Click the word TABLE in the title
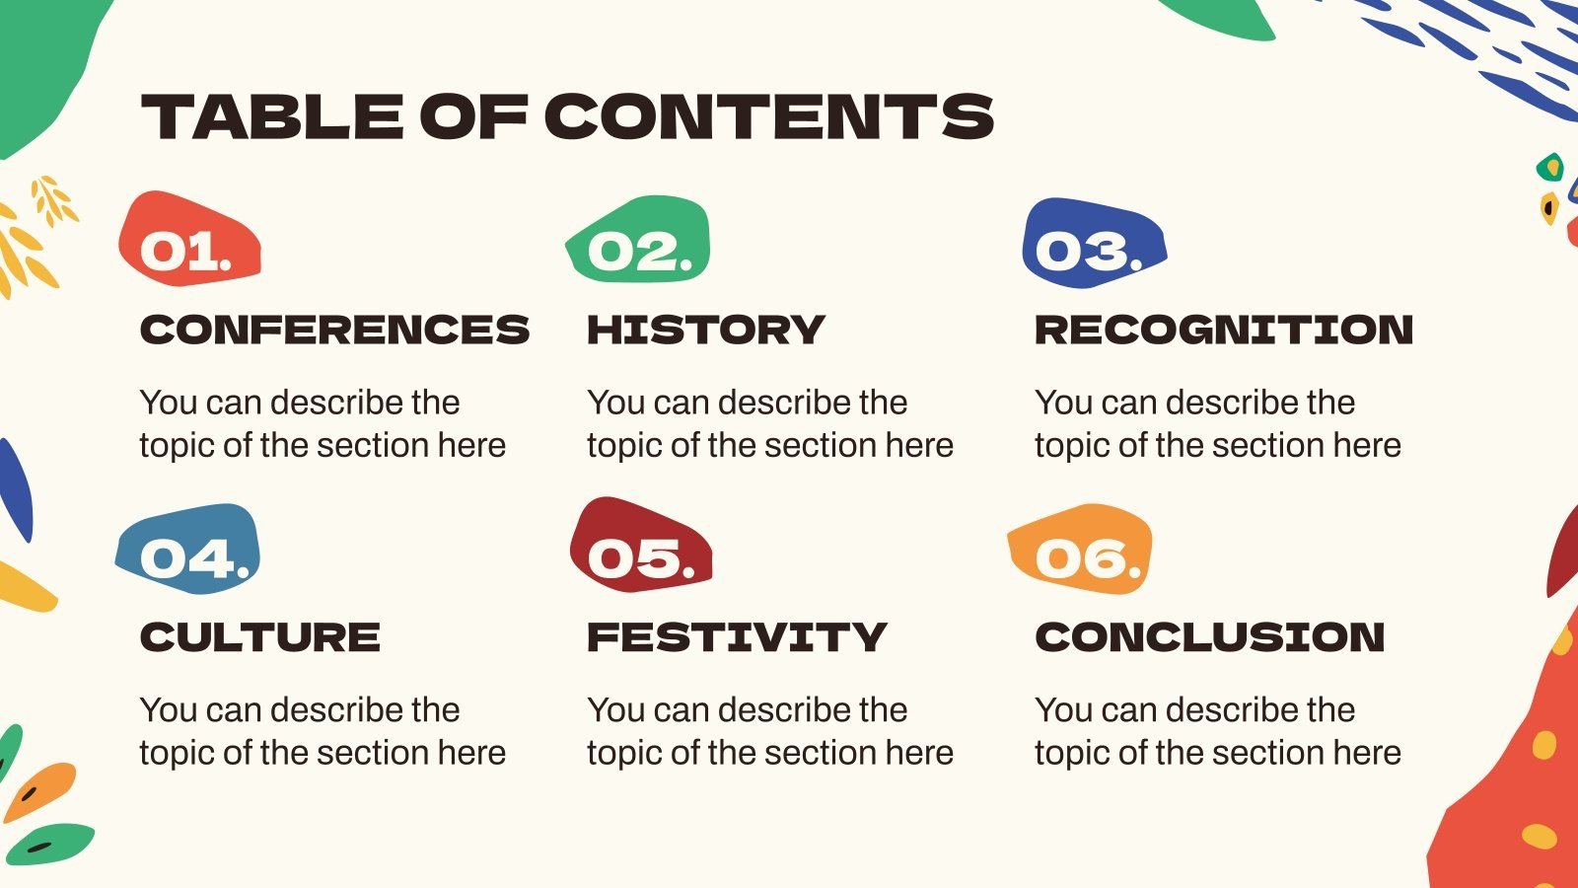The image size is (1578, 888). tap(272, 116)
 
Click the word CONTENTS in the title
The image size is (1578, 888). tap(768, 116)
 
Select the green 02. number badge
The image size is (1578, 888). tap(639, 242)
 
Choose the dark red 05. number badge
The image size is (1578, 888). tap(639, 549)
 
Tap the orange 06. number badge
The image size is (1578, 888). tap(1081, 551)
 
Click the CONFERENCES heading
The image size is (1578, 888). tap(334, 330)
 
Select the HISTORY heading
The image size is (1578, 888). tap(705, 330)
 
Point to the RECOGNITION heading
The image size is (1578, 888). tap(1224, 330)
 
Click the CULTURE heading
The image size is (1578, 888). tap(259, 637)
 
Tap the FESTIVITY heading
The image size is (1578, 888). tap(737, 637)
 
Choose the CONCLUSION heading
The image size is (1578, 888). tap(1210, 637)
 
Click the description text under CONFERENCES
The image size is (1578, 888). tap(323, 424)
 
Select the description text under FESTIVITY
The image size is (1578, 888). tap(770, 731)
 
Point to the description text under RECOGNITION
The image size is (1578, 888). tap(1218, 424)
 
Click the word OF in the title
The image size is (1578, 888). tap(473, 116)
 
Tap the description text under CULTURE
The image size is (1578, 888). tap(323, 731)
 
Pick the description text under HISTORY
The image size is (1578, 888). tap(770, 424)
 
